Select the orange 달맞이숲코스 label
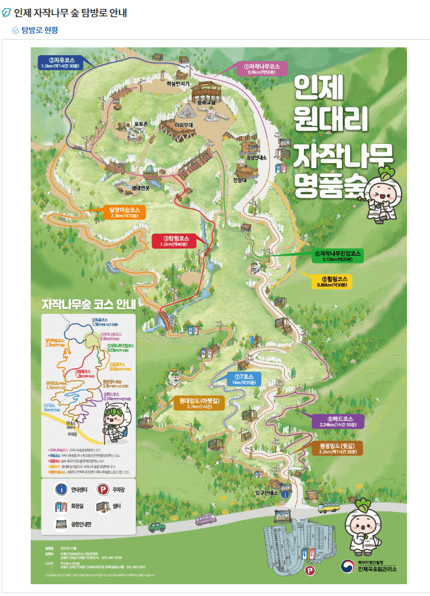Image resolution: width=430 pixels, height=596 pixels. tap(124, 212)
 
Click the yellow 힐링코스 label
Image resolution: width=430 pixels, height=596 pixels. tap(335, 282)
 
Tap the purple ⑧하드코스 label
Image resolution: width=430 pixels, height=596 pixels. tap(337, 421)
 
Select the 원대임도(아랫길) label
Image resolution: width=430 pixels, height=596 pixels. tap(196, 403)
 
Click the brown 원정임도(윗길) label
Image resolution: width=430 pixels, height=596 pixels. tap(337, 448)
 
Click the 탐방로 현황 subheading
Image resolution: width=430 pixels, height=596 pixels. tap(40, 30)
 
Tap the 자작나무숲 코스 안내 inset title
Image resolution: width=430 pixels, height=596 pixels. tap(89, 305)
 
